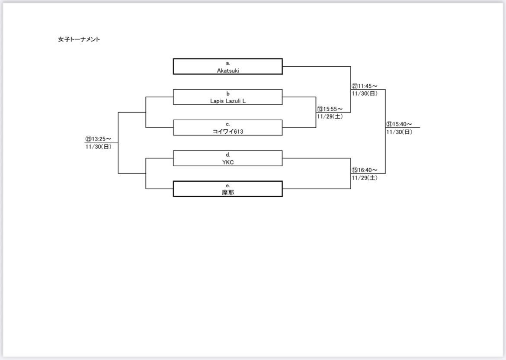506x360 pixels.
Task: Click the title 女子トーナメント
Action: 79,39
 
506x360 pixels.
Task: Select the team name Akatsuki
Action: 228,70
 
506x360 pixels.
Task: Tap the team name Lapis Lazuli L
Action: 228,100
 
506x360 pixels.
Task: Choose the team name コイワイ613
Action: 228,131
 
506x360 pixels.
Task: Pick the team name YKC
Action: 228,162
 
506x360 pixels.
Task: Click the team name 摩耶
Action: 228,193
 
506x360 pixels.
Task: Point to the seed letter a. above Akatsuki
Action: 228,63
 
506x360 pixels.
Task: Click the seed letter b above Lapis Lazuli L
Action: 228,93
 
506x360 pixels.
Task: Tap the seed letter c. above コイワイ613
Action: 228,124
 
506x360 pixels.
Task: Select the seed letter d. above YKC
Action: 228,154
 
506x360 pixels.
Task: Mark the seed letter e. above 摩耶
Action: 228,185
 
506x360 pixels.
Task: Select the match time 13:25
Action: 102,139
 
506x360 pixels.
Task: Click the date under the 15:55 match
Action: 330,116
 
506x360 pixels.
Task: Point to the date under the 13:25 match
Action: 99,147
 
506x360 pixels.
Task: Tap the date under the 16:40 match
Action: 364,178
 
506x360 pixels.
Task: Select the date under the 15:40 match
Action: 399,132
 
